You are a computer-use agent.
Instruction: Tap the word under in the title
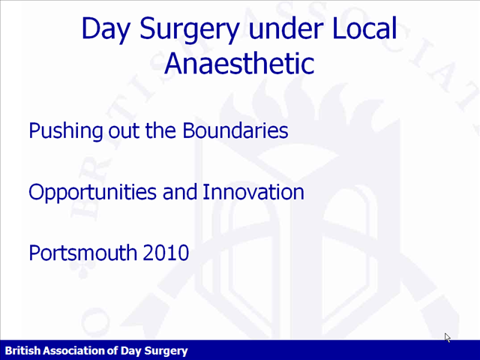pyautogui.click(x=285, y=28)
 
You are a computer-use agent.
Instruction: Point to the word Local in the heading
pyautogui.click(x=364, y=28)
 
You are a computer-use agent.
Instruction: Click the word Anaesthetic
pyautogui.click(x=239, y=63)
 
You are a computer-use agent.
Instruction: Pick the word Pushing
pyautogui.click(x=66, y=131)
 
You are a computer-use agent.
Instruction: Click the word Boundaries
pyautogui.click(x=235, y=130)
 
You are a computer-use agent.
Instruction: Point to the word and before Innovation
pyautogui.click(x=180, y=192)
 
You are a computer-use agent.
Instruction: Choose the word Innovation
pyautogui.click(x=253, y=192)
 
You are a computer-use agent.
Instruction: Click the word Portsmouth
pyautogui.click(x=83, y=253)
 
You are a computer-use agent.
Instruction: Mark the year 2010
pyautogui.click(x=166, y=253)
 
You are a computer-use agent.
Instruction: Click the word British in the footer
pyautogui.click(x=22, y=350)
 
